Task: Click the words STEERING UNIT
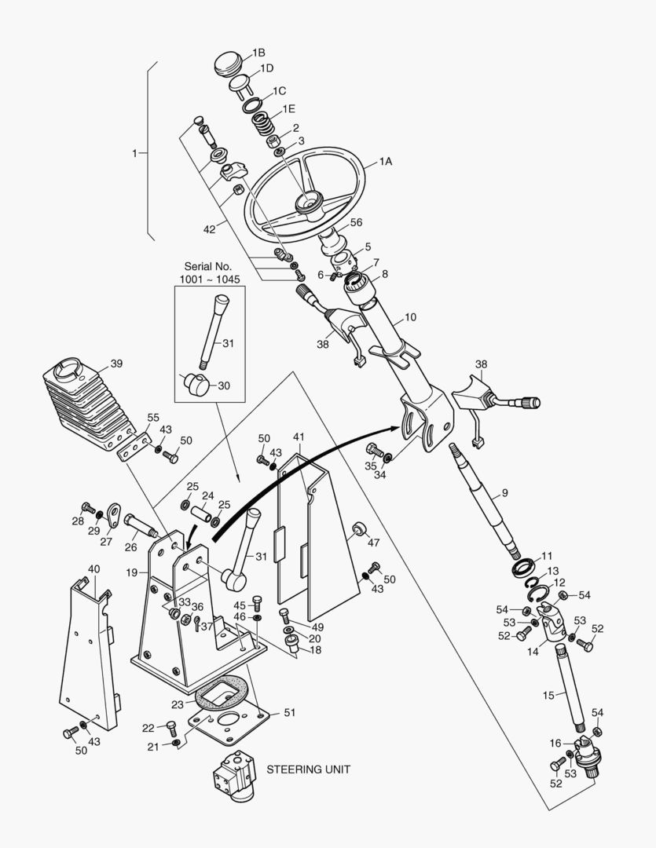308,769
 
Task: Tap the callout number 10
410,318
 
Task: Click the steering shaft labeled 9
483,495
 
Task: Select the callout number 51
290,713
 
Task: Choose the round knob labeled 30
196,386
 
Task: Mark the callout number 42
209,230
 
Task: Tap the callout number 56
356,222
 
